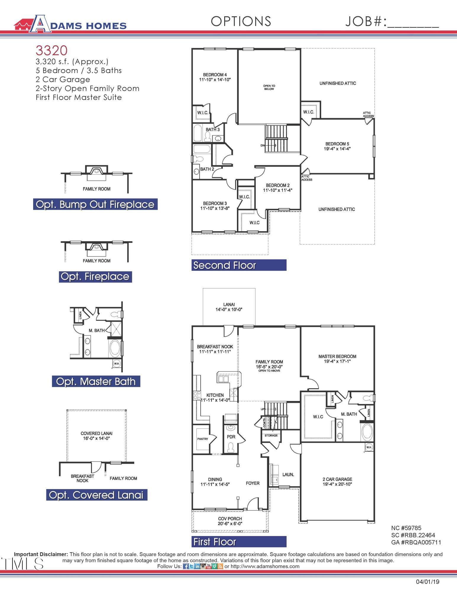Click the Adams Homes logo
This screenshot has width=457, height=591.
[x=70, y=24]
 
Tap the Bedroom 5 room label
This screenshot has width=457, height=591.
[x=337, y=144]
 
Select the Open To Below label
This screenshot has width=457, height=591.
[x=269, y=87]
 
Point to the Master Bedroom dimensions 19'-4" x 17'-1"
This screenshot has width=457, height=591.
[x=337, y=361]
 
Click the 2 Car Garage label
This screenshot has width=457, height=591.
[x=337, y=479]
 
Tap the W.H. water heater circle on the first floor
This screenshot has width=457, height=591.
[x=369, y=447]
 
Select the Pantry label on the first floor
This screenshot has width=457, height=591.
[x=203, y=439]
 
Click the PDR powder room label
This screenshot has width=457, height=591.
[x=231, y=436]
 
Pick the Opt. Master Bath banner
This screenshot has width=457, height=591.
[x=96, y=381]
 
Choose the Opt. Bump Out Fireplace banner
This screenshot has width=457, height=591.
[x=95, y=204]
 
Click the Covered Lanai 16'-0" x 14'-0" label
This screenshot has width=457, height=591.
[x=96, y=436]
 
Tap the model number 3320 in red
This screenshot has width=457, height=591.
[x=51, y=51]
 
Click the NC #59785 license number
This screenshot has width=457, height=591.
[x=406, y=528]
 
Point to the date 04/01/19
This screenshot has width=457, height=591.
[x=427, y=582]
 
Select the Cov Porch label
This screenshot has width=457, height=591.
[x=230, y=519]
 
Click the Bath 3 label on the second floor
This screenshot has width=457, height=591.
[x=213, y=129]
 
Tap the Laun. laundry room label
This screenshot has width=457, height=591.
[x=288, y=474]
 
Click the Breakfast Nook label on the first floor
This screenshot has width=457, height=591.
[x=215, y=346]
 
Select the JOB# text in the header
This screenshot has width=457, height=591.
[x=366, y=21]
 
